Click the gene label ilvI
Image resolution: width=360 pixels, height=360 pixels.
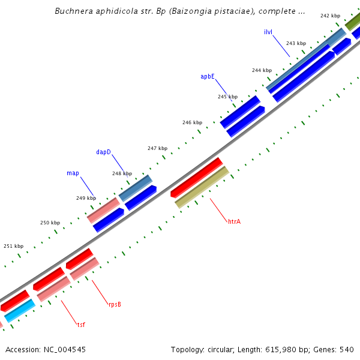[x=268, y=31]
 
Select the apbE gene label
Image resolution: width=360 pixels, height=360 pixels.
[x=208, y=77]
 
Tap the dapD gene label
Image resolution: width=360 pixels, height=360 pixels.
[x=104, y=152]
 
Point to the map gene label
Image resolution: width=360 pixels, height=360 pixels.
[x=73, y=173]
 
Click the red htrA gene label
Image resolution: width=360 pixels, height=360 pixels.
[x=234, y=222]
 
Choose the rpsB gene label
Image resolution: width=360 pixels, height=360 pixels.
[x=115, y=304]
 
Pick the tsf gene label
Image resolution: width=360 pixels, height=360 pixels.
[x=81, y=325]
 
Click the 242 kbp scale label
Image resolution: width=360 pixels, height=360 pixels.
[x=330, y=16]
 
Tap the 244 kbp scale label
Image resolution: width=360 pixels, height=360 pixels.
[x=262, y=70]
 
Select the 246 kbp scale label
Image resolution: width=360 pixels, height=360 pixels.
[x=192, y=122]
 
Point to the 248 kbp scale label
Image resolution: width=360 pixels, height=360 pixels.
[x=122, y=173]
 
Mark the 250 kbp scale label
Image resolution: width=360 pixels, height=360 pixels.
[x=50, y=223]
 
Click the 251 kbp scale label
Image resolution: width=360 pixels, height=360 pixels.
[x=14, y=246]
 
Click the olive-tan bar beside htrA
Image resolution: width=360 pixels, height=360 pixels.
[x=202, y=187]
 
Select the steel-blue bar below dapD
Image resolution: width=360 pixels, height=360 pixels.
[x=135, y=188]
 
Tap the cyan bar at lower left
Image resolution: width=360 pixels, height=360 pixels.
[x=19, y=310]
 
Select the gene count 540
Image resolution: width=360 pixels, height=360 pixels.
[x=347, y=349]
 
